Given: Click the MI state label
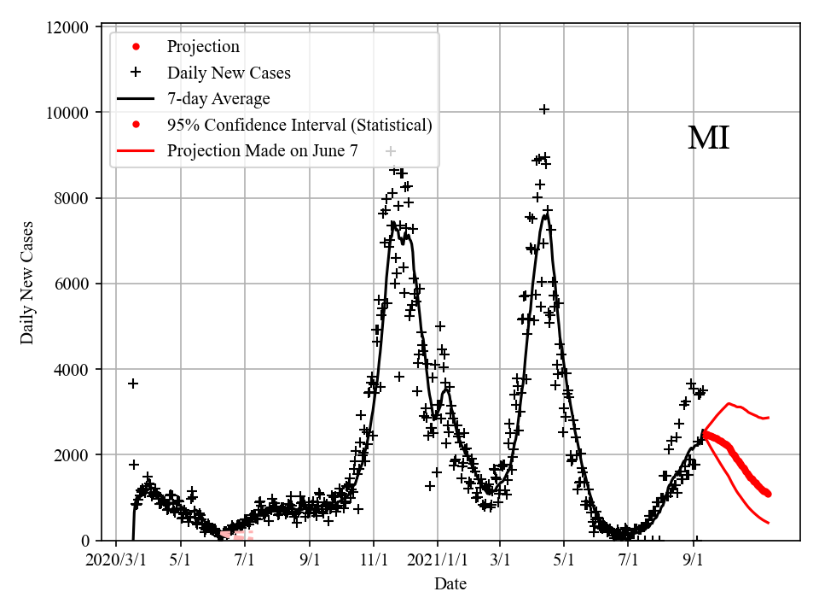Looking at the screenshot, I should pos(708,138).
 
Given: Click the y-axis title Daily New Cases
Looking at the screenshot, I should pos(27,283).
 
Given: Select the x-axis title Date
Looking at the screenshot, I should pos(450,584).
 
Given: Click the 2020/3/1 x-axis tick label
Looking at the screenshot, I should pos(116,560).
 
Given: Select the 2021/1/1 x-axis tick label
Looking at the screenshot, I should pos(438,560).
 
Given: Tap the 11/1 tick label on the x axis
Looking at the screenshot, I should pos(373,560).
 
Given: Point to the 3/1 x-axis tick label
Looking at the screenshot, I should pos(500,560).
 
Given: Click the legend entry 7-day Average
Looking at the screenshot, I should pos(218,98).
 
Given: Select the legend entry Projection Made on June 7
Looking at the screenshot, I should pos(263,150).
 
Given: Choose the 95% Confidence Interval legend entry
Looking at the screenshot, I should pos(299,125).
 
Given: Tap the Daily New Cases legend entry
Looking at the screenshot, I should pos(229,73).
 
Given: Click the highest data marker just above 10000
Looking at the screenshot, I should pos(543,109).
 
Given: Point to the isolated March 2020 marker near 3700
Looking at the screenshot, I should pos(133,384).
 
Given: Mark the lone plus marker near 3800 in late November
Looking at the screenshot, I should pos(399,377).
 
